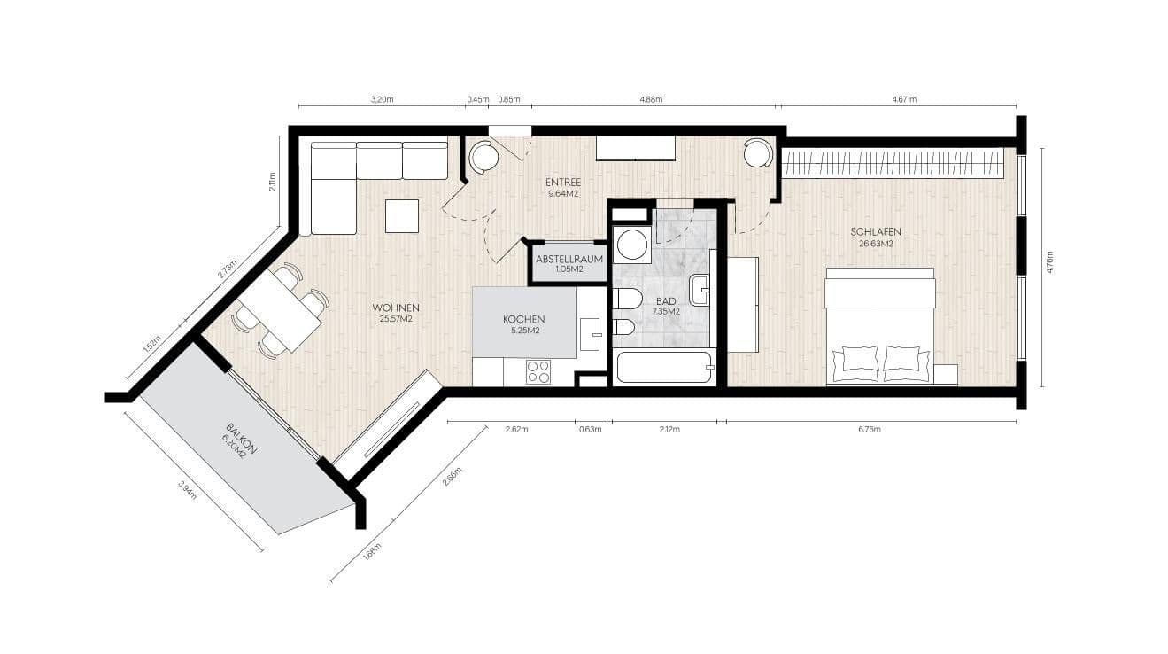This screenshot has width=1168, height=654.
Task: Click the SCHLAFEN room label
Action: point(874,231)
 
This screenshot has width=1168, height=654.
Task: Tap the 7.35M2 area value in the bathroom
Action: point(666,312)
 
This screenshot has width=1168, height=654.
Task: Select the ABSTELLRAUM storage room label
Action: point(569,260)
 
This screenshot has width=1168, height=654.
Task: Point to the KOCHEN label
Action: point(523,319)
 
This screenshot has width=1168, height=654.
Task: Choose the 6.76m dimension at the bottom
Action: point(870,430)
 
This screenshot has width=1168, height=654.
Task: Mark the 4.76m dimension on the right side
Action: point(1050,263)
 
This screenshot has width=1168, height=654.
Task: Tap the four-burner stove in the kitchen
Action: point(538,372)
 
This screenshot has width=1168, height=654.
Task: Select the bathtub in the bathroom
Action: point(663,367)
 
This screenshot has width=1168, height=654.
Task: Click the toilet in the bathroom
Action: point(627,298)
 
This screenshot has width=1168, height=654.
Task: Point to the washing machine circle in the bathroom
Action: point(632,244)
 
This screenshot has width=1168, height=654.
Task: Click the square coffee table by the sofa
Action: point(401,216)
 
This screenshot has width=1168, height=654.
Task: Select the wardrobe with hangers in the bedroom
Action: point(892,163)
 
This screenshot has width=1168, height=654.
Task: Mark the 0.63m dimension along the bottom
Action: point(590,430)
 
